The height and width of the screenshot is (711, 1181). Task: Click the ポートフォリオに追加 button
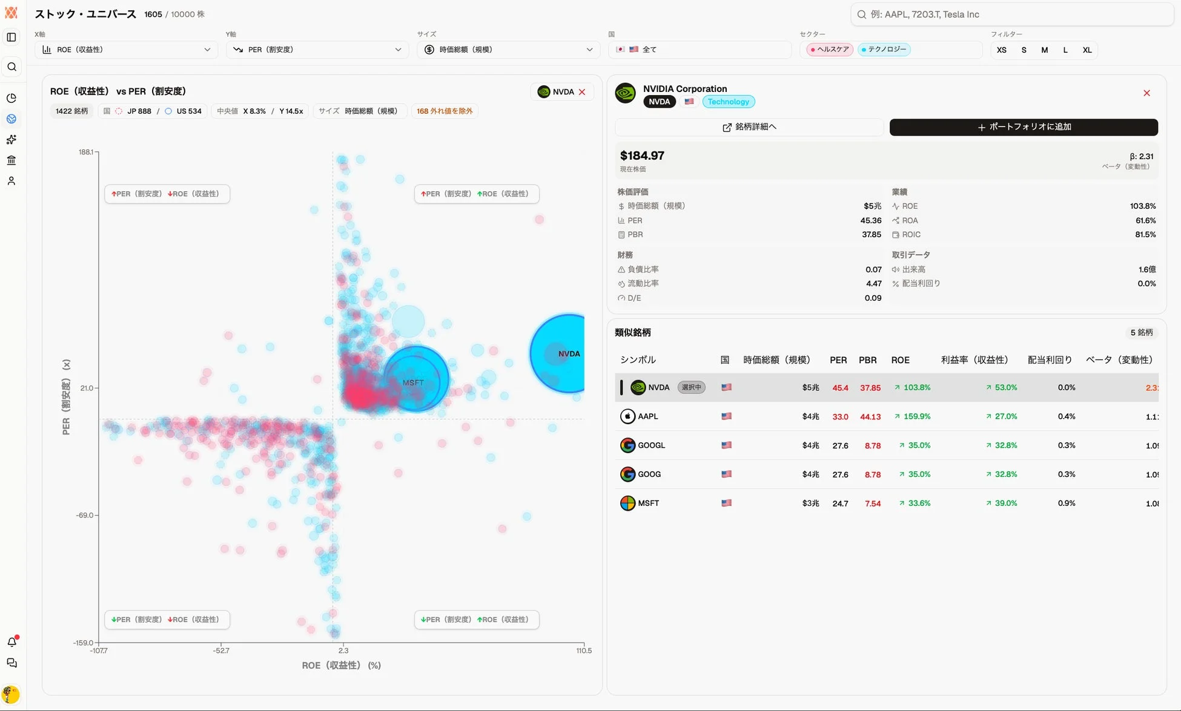[1024, 127]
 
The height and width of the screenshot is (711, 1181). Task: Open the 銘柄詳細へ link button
[749, 127]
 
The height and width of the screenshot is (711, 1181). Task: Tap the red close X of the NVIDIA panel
[1146, 93]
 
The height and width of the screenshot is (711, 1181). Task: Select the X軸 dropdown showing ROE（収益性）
[126, 50]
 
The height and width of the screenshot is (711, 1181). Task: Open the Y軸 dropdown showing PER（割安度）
[317, 50]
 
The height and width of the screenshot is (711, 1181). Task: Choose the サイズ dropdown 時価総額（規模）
[508, 50]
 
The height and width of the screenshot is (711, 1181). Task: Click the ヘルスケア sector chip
[830, 50]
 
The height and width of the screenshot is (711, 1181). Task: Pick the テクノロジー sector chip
[884, 50]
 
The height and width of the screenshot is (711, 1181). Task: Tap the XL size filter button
[1087, 50]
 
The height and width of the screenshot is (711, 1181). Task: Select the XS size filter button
[1002, 50]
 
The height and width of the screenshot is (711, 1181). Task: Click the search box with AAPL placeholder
[1011, 15]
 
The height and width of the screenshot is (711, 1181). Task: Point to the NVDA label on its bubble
[569, 354]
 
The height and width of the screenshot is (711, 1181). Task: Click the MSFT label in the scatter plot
[413, 383]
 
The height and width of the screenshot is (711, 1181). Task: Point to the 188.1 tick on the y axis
[86, 152]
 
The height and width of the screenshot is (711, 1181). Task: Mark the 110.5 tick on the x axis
[584, 651]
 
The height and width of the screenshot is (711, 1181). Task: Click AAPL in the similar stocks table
[647, 416]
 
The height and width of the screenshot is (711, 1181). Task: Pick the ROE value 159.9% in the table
[916, 416]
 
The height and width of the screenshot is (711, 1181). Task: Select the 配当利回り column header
[1050, 360]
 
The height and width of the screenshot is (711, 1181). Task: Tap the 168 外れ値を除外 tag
[445, 111]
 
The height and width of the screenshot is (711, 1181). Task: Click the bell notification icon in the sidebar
[12, 642]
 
